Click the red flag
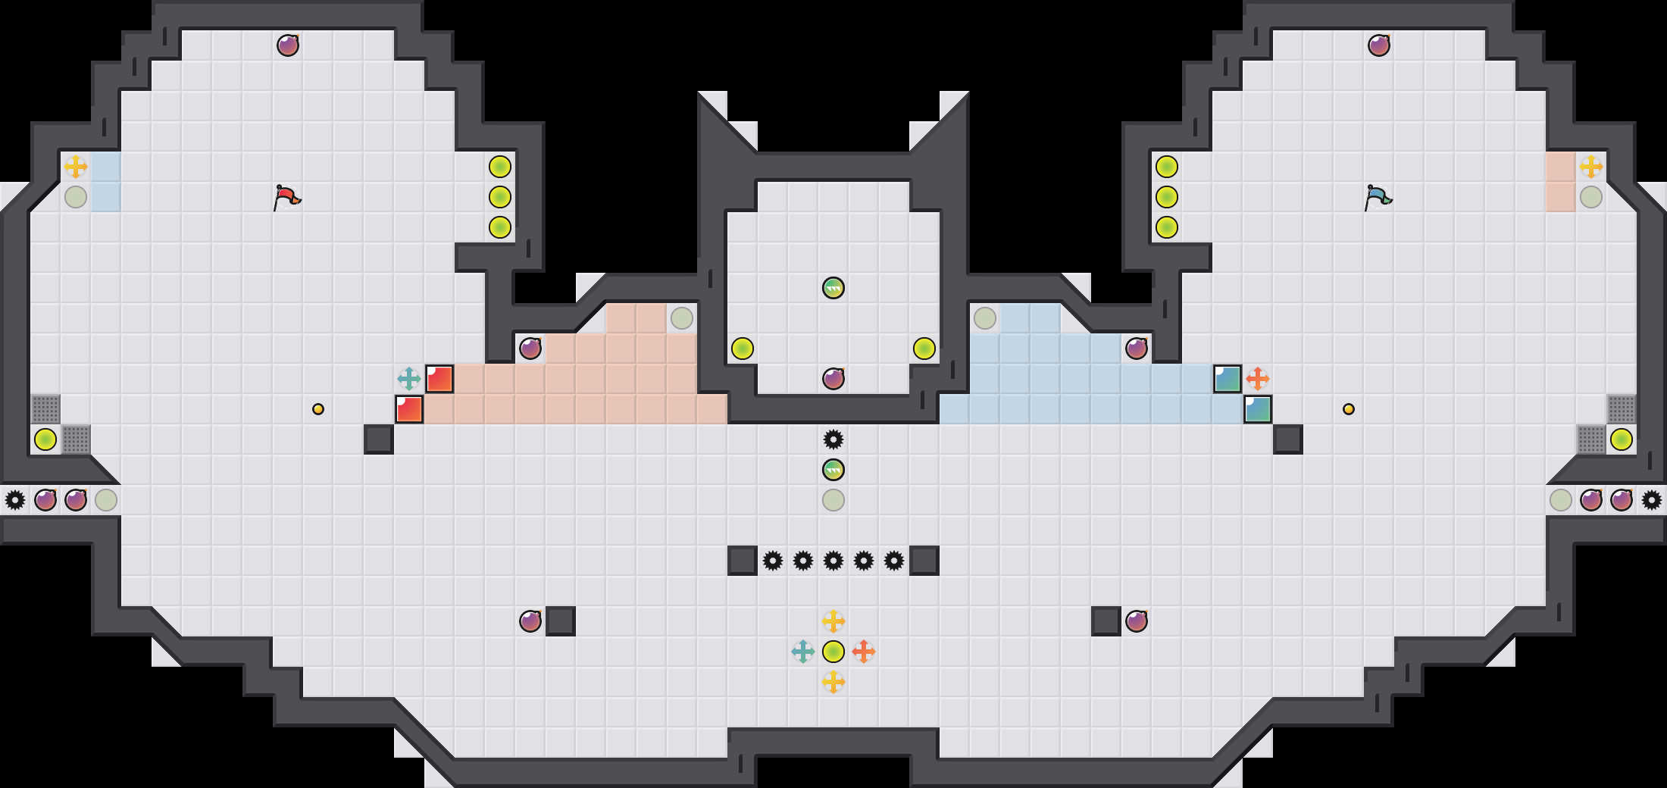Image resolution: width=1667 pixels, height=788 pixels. [286, 197]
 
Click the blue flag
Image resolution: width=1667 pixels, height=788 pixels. [1378, 197]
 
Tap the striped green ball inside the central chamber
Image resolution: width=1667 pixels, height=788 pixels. [833, 288]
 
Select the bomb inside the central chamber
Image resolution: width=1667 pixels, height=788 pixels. [833, 379]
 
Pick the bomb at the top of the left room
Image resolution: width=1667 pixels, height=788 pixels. [288, 45]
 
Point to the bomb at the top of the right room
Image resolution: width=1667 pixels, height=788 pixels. [1379, 45]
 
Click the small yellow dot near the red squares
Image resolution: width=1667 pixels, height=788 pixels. [318, 409]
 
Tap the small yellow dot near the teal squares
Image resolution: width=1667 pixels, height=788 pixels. [1349, 409]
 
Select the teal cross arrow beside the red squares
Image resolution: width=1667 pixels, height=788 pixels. [409, 379]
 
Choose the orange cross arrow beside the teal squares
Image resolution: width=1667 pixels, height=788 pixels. [1258, 379]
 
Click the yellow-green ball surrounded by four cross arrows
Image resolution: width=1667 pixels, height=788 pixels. [833, 652]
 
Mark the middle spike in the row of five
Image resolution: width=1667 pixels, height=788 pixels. [833, 561]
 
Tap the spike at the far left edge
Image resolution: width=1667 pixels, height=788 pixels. [15, 500]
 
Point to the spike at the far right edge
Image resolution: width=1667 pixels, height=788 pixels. [1652, 500]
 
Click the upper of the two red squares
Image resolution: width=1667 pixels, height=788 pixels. [439, 379]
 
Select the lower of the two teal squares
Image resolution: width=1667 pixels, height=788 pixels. [1258, 409]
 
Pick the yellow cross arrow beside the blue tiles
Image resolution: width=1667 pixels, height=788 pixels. [76, 167]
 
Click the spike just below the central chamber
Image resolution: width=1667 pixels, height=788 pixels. [833, 439]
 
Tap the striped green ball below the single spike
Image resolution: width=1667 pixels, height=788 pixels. [833, 470]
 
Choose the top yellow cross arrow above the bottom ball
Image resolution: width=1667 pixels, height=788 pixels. [833, 621]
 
